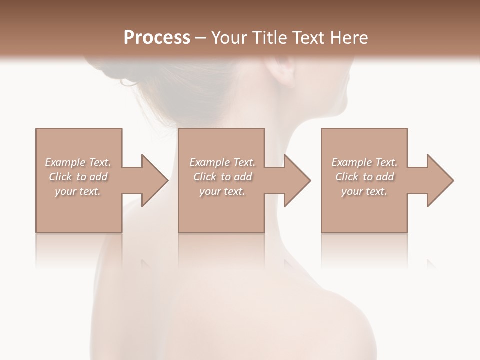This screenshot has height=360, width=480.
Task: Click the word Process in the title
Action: click(x=157, y=37)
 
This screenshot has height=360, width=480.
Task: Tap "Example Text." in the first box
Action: click(x=78, y=162)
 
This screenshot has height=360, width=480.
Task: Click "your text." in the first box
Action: click(x=78, y=191)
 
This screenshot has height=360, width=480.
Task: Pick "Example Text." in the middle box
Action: click(x=222, y=162)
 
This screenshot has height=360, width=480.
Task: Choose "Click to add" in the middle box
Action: click(x=222, y=177)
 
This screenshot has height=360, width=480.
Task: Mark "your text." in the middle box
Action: click(x=222, y=191)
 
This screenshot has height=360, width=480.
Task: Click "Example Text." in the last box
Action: click(x=364, y=162)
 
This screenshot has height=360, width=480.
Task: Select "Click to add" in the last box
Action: click(x=364, y=177)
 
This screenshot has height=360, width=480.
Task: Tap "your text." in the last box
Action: click(x=364, y=191)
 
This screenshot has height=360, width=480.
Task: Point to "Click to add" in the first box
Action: click(x=78, y=177)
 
